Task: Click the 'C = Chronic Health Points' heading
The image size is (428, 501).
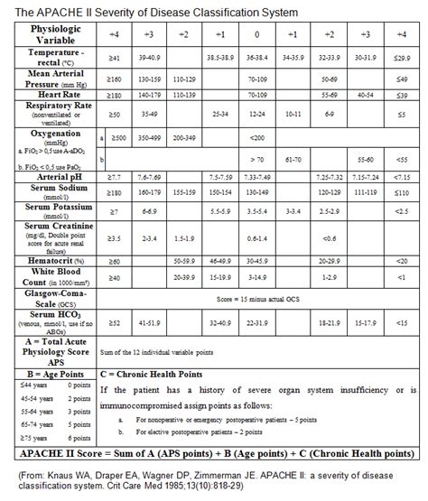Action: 150,371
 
